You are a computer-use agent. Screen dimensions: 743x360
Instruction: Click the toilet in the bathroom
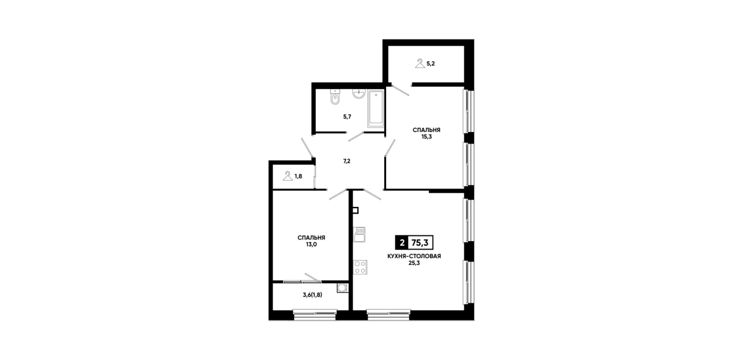point(335,97)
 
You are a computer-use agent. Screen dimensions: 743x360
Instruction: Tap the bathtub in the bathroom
point(375,109)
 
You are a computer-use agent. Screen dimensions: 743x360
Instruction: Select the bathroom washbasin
point(359,94)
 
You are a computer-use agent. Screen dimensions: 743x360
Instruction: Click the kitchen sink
point(359,235)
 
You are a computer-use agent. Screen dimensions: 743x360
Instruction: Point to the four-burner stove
point(360,267)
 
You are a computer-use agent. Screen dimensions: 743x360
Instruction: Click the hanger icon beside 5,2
point(420,63)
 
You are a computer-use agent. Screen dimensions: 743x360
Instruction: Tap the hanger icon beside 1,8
point(288,175)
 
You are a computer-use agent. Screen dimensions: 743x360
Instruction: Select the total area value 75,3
point(420,243)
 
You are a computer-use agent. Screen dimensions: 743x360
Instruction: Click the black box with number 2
point(402,243)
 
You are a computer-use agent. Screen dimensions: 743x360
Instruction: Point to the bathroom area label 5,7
point(347,117)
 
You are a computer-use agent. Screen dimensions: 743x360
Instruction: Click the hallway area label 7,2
point(347,161)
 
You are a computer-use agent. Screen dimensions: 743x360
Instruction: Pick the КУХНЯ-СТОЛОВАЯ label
point(414,256)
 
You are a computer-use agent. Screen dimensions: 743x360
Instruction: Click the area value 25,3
point(413,263)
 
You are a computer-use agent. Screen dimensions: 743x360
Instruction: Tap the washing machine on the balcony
point(342,287)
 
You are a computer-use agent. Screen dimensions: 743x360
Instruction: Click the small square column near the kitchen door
point(355,210)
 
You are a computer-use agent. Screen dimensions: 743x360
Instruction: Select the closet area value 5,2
point(431,63)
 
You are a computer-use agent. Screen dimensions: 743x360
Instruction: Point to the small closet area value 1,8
point(298,176)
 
